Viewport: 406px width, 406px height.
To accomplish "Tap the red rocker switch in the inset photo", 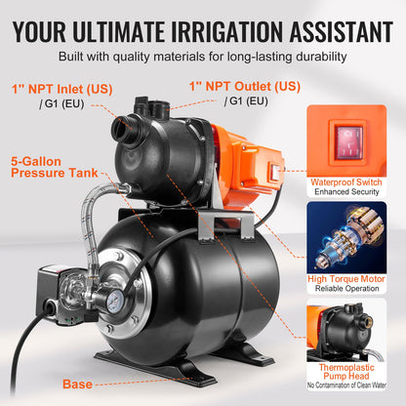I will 348,140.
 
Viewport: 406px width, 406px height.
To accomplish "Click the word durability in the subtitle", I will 309,56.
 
